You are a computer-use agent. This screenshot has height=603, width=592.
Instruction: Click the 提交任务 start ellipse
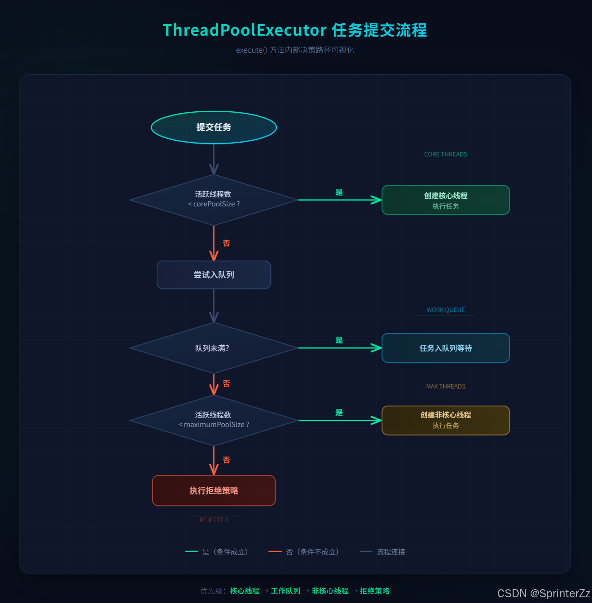pos(214,127)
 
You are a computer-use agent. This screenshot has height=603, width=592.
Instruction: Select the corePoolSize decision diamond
pos(214,200)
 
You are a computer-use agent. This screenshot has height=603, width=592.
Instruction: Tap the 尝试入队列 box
pos(214,275)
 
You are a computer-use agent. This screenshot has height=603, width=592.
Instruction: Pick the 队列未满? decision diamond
pos(214,348)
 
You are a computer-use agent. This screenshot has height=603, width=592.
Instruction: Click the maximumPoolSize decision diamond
pos(214,420)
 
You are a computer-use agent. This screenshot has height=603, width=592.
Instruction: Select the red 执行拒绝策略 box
pos(214,491)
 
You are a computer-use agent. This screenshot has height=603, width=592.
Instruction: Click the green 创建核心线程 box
pos(446,200)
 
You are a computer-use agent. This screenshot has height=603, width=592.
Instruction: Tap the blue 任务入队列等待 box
pos(446,348)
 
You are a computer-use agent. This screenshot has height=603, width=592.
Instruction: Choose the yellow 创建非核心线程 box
pos(446,420)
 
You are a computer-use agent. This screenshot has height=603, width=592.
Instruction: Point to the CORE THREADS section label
pos(446,155)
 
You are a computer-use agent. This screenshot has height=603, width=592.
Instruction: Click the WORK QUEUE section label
pos(446,310)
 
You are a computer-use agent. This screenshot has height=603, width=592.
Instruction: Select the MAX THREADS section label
pos(446,387)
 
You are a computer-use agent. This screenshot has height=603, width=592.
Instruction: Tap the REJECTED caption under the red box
pos(214,520)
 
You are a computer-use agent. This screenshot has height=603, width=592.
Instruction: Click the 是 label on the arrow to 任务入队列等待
pos(339,340)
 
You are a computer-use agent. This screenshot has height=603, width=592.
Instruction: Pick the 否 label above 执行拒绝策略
pos(226,460)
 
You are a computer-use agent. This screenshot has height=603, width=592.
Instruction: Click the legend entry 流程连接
pos(391,552)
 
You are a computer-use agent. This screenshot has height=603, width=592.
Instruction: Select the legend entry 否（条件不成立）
pos(312,552)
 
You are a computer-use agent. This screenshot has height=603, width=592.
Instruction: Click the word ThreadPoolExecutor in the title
pos(245,30)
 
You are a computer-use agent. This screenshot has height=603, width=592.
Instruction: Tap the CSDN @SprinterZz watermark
pos(544,593)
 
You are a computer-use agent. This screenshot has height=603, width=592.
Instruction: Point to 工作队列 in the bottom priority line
pos(286,591)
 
